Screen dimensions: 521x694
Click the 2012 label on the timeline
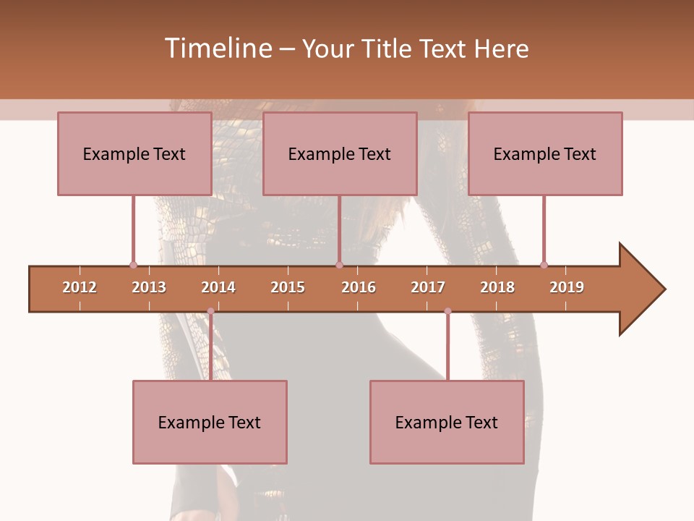pos(80,287)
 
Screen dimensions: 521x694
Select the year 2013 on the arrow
pos(149,287)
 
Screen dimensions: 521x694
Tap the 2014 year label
pos(218,287)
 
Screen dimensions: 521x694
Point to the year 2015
pos(288,287)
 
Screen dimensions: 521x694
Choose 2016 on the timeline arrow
pos(359,287)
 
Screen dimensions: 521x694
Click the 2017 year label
pos(428,287)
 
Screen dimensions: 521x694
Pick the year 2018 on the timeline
pos(497,287)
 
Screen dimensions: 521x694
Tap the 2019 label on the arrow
pos(567,287)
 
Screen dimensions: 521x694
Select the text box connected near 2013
pos(134,153)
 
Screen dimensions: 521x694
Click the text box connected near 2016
pos(339,153)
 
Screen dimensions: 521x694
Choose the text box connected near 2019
pos(544,153)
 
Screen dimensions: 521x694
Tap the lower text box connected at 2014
pos(210,422)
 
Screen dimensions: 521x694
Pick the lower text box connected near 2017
pos(447,422)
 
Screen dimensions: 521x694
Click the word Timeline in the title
pos(218,48)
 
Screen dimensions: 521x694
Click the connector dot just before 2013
pos(133,265)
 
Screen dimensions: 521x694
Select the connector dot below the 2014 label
pos(210,311)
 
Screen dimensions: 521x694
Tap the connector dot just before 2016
pos(339,265)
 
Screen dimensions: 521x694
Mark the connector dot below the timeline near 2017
pos(447,311)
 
